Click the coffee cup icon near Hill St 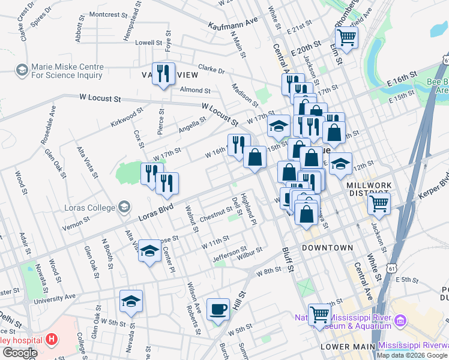[x=218, y=309]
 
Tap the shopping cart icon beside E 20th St [x=347, y=37]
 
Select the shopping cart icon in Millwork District [x=379, y=203]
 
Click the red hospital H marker [x=52, y=339]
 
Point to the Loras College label [x=89, y=208]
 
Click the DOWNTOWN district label [x=327, y=248]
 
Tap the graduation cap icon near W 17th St [x=279, y=126]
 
